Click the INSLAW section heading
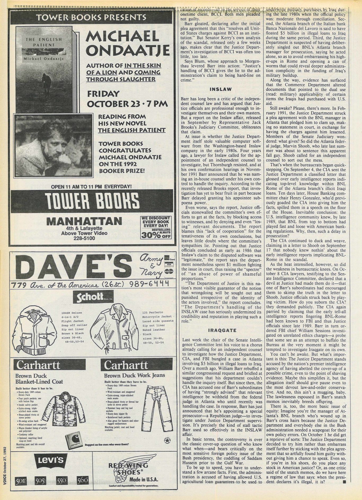click(220, 89)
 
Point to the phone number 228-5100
click(84, 238)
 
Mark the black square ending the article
click(344, 489)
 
